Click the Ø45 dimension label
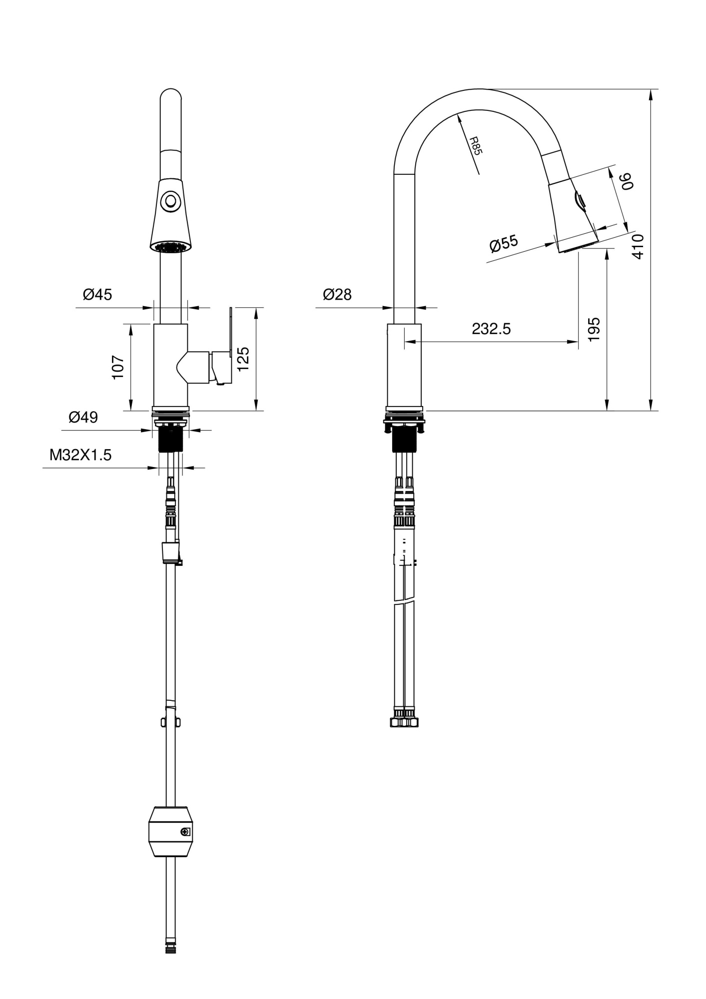pos(97,294)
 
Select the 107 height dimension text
pos(118,367)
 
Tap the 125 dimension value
pos(243,359)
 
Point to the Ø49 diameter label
pos(83,417)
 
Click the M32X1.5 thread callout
pos(80,455)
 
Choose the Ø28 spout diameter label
pos(337,294)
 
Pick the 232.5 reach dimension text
pos(491,329)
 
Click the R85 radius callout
pos(475,146)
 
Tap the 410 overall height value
pos(638,246)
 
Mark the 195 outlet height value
pos(594,329)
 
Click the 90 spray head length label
pos(627,181)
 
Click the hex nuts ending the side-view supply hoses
pos(404,722)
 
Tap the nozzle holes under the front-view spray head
pos(171,246)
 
